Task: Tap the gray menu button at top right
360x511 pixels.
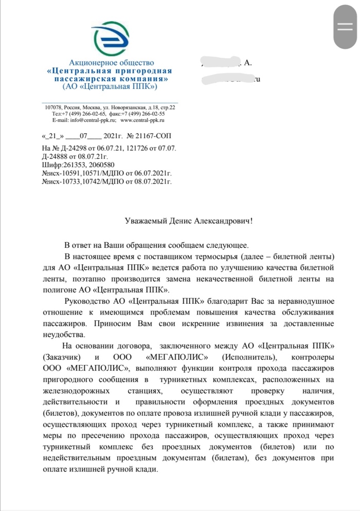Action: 345,28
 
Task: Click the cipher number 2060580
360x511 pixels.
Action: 103,165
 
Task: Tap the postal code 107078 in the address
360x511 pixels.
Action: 54,107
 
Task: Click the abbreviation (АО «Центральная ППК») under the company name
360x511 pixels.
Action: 110,87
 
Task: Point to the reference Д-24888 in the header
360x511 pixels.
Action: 55,156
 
